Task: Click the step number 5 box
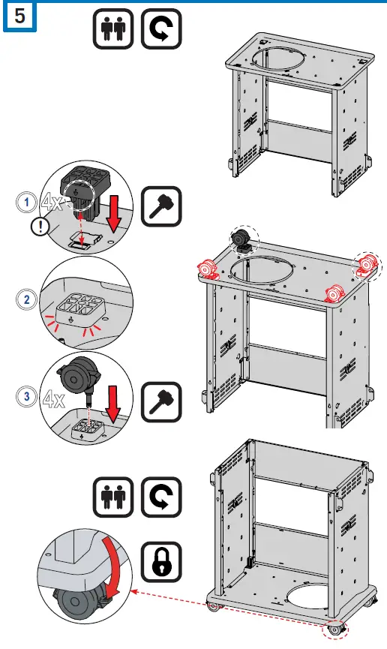coord(19,17)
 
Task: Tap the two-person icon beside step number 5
coord(113,29)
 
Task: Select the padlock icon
coord(161,562)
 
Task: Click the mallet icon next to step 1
coord(161,206)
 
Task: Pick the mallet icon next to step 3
coord(161,402)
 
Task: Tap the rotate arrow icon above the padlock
coord(161,497)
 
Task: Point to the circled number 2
coord(27,299)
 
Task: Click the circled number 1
coord(27,203)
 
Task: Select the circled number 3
coord(27,396)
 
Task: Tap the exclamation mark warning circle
coord(40,227)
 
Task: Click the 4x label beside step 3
coord(54,399)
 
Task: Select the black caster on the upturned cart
coord(241,239)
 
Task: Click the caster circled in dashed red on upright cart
coord(335,630)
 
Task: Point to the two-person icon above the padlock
coord(113,497)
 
